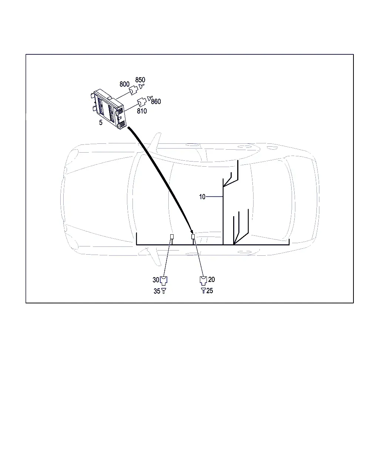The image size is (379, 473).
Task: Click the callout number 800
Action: click(x=124, y=84)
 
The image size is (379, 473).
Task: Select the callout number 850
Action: click(x=140, y=79)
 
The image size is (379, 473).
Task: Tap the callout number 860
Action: click(x=156, y=101)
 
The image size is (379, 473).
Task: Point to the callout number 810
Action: click(x=142, y=111)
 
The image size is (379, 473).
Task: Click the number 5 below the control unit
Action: click(x=101, y=122)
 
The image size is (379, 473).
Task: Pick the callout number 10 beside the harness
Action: click(x=202, y=197)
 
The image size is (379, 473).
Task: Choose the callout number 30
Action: click(x=156, y=280)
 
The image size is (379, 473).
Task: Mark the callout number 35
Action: click(x=157, y=291)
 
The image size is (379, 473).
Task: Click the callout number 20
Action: click(x=211, y=279)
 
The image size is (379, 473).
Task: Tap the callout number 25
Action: click(x=209, y=291)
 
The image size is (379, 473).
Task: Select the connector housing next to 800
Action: click(x=133, y=90)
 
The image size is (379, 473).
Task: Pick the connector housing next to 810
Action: click(x=142, y=102)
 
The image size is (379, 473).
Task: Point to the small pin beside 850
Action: click(x=141, y=86)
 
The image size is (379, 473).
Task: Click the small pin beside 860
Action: click(x=150, y=98)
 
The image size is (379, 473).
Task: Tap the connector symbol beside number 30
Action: click(x=163, y=281)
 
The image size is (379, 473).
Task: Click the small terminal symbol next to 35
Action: click(x=163, y=291)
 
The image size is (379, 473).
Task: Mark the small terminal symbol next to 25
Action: click(x=203, y=291)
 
